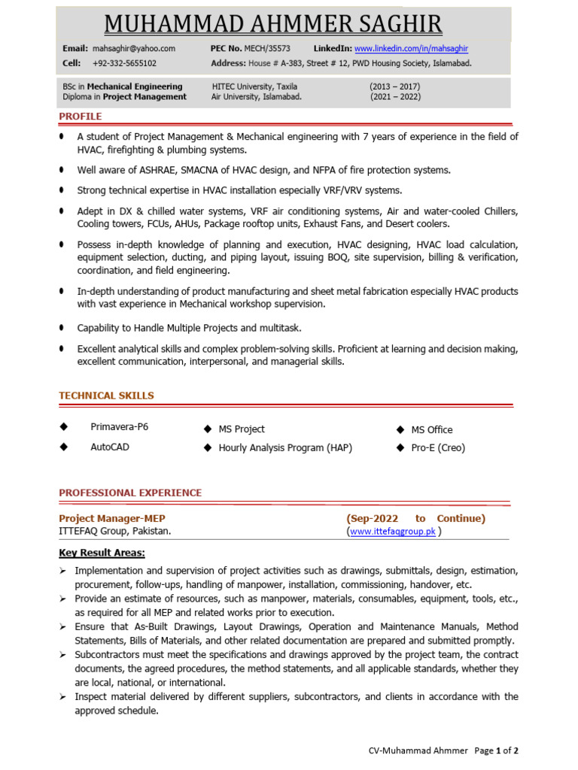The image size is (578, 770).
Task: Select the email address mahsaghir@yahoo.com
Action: click(x=134, y=48)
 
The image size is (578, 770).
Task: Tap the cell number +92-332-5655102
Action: click(x=124, y=63)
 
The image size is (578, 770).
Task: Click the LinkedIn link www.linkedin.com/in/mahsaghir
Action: click(x=411, y=48)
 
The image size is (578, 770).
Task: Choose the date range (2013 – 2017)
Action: click(x=394, y=86)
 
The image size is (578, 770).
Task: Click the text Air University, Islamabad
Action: click(x=256, y=97)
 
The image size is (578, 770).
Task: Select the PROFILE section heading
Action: click(x=81, y=117)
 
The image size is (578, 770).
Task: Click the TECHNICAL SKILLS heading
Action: click(x=106, y=396)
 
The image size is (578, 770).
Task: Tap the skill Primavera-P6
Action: click(x=119, y=427)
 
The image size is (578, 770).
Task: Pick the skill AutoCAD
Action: click(x=110, y=447)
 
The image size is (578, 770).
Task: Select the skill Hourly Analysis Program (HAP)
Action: click(x=285, y=447)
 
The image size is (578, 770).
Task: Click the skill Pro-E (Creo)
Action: click(x=438, y=447)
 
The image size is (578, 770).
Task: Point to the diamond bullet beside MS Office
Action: click(x=400, y=429)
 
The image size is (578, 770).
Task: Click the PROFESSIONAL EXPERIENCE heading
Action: click(x=130, y=493)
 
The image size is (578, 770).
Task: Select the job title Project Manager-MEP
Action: click(x=112, y=518)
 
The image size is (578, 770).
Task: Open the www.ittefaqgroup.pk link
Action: click(x=393, y=532)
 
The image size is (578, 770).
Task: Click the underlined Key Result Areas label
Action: click(x=102, y=553)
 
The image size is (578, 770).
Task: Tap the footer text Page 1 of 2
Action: click(x=497, y=750)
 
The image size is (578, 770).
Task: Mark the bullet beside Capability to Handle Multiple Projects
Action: click(x=61, y=328)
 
